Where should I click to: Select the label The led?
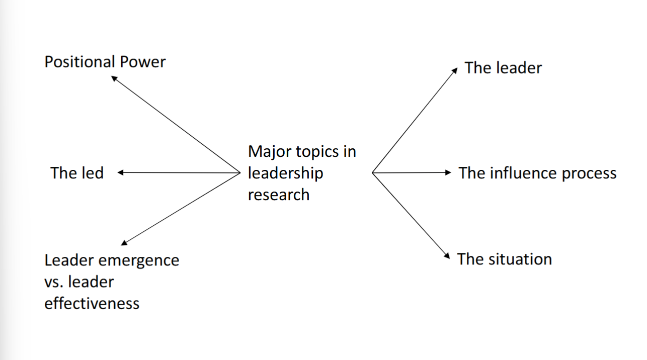[x=76, y=173]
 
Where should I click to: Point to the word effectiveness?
[x=92, y=304]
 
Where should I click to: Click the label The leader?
[x=503, y=68]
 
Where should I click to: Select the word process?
[x=589, y=174]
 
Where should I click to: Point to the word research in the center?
[x=278, y=195]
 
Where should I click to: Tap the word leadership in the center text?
[x=285, y=173]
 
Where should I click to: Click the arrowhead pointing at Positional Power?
[x=114, y=78]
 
